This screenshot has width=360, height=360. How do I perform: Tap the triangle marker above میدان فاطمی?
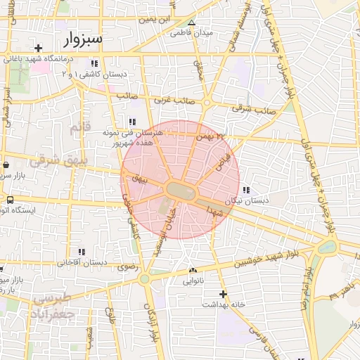192,23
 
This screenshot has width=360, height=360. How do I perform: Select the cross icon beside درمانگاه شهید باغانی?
38,48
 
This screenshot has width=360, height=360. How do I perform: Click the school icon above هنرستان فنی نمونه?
132,122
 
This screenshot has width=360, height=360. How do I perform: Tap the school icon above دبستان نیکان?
245,190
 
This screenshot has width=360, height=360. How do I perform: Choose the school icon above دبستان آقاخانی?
82,252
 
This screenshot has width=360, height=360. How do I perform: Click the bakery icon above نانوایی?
193,270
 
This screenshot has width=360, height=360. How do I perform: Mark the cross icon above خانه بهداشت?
224,294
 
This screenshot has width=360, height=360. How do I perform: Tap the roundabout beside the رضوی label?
144,279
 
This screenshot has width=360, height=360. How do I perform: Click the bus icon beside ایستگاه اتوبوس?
9,200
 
